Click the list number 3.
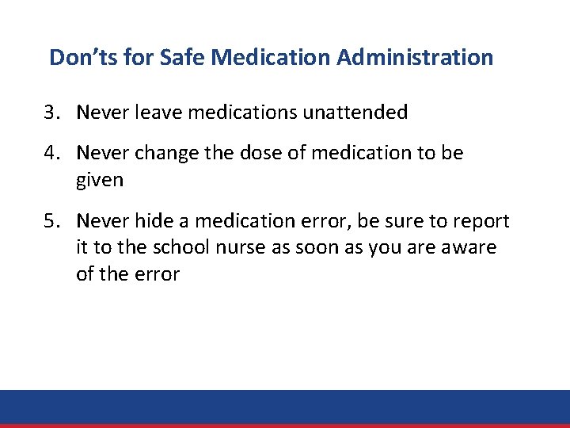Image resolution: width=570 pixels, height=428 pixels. (50, 113)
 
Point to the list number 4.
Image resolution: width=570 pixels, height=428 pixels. (50, 152)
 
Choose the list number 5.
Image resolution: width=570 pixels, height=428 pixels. (50, 220)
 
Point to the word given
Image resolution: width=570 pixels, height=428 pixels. (100, 180)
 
